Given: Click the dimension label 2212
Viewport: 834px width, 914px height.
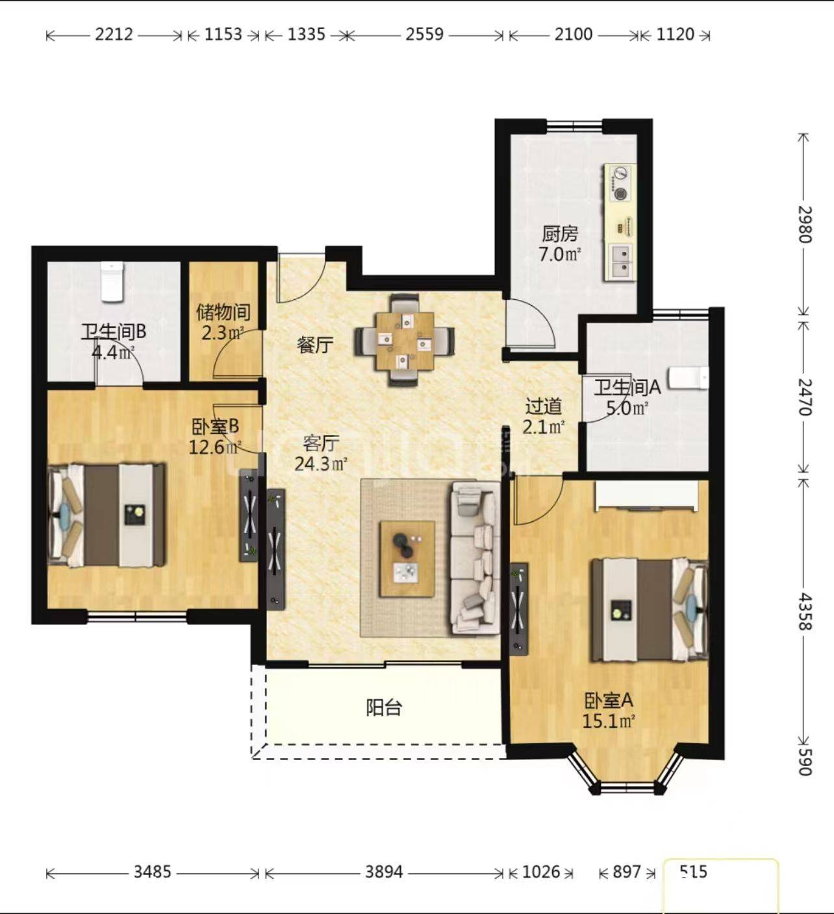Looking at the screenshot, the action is [x=114, y=34].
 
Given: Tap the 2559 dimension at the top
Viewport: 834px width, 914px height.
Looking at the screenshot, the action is [x=425, y=34].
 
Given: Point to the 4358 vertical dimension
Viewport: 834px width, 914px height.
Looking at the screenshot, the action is [x=805, y=611].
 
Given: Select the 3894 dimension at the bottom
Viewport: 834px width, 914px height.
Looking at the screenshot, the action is [x=384, y=872].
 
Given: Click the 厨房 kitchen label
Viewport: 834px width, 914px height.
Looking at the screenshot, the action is [x=560, y=234].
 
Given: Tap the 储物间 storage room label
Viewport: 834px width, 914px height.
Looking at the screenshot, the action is [x=223, y=312].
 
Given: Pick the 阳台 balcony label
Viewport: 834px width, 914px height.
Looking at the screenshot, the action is [x=384, y=708].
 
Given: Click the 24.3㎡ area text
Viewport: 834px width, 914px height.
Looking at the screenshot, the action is [x=322, y=464].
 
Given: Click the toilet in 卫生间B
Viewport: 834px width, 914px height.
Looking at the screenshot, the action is [x=112, y=282].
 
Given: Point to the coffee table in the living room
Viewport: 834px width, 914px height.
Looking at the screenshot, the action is [x=407, y=559].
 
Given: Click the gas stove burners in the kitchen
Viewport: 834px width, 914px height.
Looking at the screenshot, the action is [x=619, y=184].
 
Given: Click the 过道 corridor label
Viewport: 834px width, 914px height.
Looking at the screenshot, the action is [x=544, y=407].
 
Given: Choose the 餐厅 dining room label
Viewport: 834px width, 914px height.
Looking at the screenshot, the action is [x=314, y=345].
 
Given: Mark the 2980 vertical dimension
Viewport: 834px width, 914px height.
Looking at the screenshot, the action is [x=805, y=225].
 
